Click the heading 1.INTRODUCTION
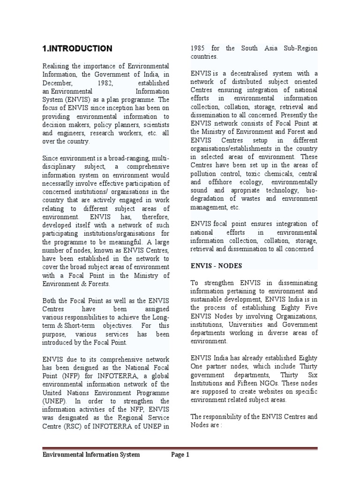[77, 48]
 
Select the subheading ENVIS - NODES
[216, 266]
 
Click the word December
[57, 82]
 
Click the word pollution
[203, 174]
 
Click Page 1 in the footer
[180, 455]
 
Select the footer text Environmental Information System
[91, 455]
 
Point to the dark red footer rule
[180, 448]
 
